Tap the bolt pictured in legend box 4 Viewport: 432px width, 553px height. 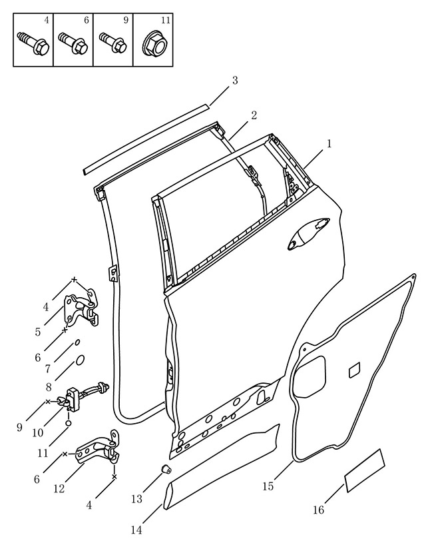(x=33, y=43)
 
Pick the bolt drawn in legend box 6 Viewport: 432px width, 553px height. (x=73, y=43)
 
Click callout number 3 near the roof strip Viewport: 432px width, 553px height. (x=235, y=81)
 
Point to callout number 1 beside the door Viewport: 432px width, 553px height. (x=329, y=144)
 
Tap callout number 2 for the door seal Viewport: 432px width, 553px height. (x=254, y=115)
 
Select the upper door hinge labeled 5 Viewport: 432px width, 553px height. (x=82, y=308)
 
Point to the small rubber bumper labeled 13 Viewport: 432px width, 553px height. (x=166, y=470)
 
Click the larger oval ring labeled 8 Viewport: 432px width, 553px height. (x=80, y=360)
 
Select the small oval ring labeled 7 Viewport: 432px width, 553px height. (x=77, y=342)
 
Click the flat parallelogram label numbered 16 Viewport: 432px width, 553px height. (x=365, y=470)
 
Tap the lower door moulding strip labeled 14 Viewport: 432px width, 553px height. (x=221, y=466)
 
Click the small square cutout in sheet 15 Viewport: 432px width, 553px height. (x=355, y=370)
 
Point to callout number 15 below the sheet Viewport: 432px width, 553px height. (x=268, y=486)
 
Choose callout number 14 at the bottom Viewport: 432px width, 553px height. (x=136, y=530)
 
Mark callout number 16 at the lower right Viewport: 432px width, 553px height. (x=318, y=510)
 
